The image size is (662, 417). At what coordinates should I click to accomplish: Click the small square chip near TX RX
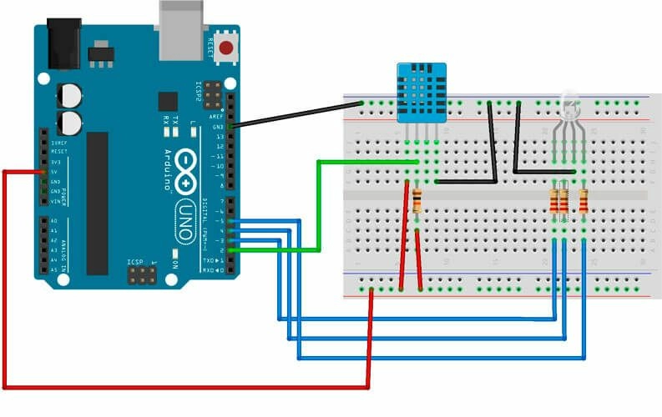pos(168,103)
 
